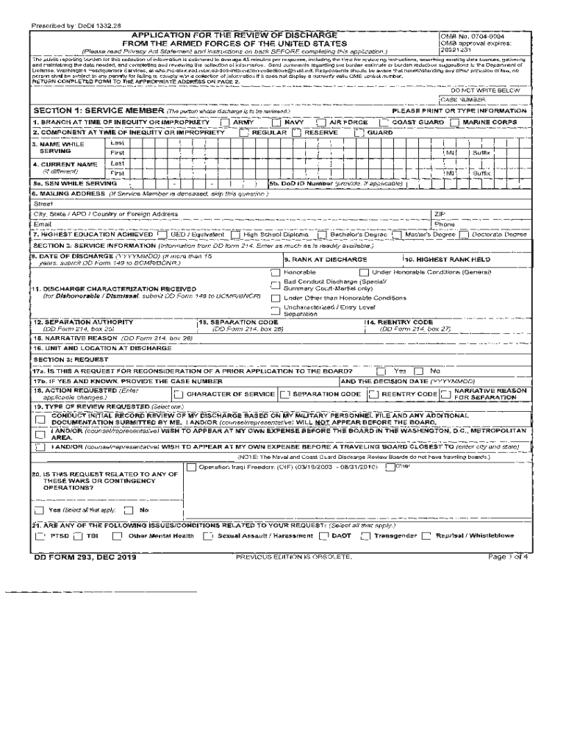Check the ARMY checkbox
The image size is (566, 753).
coord(226,122)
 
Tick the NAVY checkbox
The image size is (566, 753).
coord(276,122)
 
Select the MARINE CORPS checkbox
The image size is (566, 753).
coord(455,122)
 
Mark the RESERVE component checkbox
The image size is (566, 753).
coord(296,132)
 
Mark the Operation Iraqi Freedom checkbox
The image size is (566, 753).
coord(192,467)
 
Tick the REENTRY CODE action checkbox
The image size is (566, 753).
coord(394,395)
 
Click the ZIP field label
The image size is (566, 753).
coord(440,213)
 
